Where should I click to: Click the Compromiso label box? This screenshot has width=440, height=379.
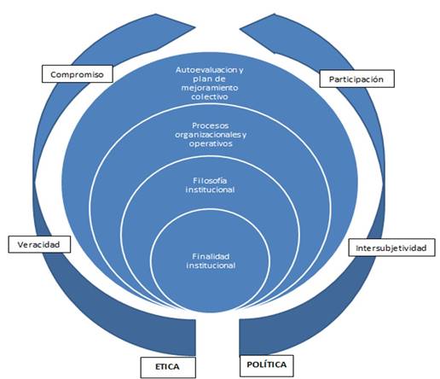[78, 74]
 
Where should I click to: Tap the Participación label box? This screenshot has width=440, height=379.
[356, 79]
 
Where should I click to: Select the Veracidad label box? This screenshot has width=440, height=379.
[39, 244]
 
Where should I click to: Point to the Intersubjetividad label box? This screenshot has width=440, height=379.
[391, 248]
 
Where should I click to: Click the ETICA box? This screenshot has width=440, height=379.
[168, 367]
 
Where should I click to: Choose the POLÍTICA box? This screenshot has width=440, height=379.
[266, 365]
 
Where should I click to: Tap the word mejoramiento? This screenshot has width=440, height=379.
[210, 88]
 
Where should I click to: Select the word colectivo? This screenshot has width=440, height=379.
[210, 96]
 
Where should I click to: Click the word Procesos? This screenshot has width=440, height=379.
[211, 125]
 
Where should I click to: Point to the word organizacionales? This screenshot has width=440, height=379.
[207, 135]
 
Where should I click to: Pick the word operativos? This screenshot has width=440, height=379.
[211, 143]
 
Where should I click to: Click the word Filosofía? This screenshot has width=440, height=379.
[210, 180]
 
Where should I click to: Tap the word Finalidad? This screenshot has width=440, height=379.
[211, 256]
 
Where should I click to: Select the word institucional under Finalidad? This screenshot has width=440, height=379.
[211, 265]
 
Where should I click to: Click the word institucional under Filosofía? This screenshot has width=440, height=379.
[210, 189]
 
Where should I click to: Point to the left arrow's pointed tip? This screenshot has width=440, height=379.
[195, 27]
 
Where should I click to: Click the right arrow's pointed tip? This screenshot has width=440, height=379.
[240, 28]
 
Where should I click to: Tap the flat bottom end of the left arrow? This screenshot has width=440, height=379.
[195, 337]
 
